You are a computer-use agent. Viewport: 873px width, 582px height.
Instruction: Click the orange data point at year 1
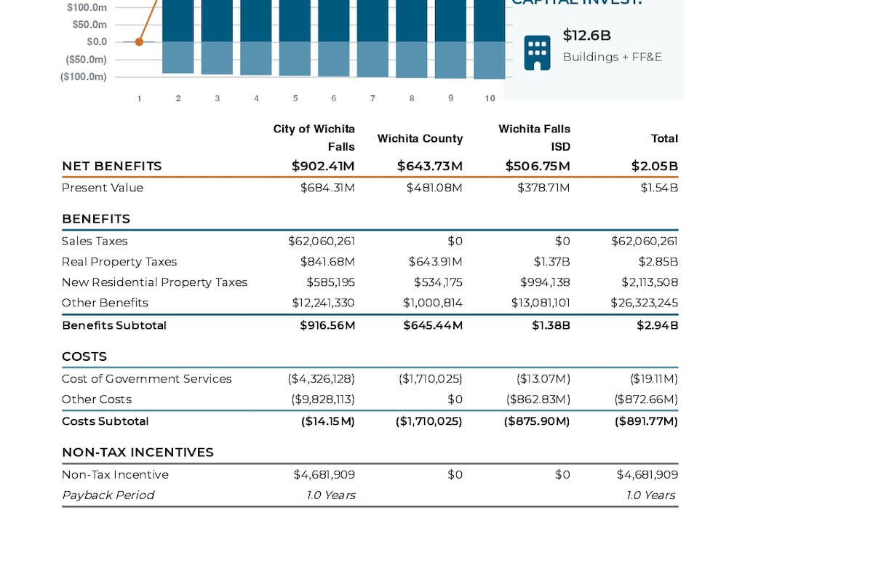coord(139,41)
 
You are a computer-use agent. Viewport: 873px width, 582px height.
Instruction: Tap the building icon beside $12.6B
coord(537,52)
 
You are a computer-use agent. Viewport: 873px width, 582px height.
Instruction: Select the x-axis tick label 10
coord(490,99)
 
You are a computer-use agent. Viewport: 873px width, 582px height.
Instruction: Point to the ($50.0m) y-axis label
coord(86,60)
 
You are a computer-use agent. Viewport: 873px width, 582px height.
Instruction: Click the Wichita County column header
coord(420,138)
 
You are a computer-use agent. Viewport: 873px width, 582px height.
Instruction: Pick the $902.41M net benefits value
coord(323,166)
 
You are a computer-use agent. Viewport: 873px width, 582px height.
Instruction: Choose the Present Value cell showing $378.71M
coord(543,188)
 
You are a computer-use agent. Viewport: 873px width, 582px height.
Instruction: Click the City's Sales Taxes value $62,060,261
coord(322,242)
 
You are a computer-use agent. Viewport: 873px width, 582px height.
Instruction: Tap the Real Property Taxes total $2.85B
coord(658,262)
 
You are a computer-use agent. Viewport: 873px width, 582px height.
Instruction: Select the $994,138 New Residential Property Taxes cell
coord(545,282)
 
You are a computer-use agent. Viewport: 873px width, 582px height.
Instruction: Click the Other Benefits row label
coord(105,303)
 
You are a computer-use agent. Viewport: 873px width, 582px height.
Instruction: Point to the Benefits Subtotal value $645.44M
coord(433,325)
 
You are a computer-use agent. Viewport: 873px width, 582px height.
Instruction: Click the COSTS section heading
coord(84,356)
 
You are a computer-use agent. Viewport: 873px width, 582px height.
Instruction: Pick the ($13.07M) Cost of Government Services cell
coord(543,379)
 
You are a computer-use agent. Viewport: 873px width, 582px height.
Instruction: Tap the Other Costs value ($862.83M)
coord(538,399)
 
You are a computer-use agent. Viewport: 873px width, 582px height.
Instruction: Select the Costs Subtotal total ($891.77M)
coord(646,421)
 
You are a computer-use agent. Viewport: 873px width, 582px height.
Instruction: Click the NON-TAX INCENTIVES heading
coord(137,453)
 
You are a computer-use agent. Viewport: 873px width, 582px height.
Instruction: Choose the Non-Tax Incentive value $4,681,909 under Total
coord(647,475)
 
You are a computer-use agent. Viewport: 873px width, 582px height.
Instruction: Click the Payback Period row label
coord(108,495)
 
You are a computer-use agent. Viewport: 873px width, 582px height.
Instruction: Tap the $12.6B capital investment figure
coord(586,36)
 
